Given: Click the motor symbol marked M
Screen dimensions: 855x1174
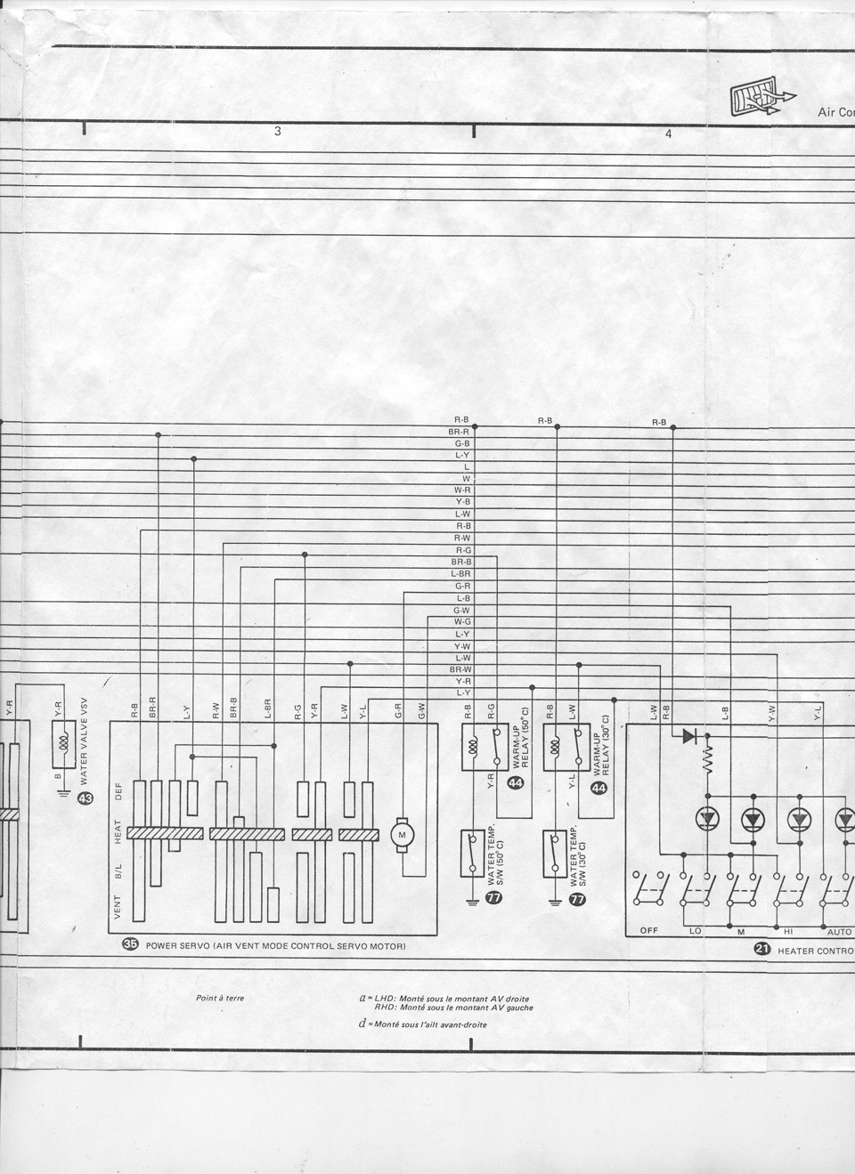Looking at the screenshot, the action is point(400,834).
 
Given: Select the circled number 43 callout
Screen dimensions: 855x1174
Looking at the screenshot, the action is point(85,798).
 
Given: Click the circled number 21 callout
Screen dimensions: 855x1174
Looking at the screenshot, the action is point(761,950).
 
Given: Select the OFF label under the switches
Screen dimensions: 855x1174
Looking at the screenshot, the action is point(648,931).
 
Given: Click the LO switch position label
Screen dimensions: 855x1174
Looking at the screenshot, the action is point(696,931).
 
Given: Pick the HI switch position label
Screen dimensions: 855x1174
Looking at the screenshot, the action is point(788,931).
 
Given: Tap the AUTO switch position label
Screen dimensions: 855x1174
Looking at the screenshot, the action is point(839,931).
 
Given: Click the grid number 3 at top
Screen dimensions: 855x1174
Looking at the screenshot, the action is point(278,132).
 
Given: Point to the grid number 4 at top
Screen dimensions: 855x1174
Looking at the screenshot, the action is point(668,134).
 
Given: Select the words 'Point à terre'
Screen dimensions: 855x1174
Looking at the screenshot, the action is point(220,998).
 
